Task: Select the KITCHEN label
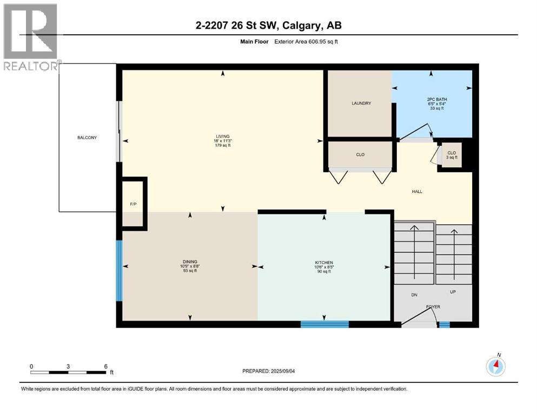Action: (324, 262)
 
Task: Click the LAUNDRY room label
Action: (361, 103)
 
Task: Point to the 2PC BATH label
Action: (437, 100)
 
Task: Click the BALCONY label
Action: (87, 138)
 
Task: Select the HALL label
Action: (417, 191)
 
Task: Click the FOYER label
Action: (433, 307)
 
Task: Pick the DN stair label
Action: (414, 295)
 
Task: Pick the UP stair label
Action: (453, 292)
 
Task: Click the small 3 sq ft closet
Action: (452, 155)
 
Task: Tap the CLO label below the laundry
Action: (360, 154)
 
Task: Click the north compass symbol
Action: (495, 366)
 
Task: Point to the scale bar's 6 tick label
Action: (105, 366)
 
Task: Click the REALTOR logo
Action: (30, 37)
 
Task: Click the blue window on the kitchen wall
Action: (324, 324)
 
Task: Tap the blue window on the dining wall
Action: (120, 270)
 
